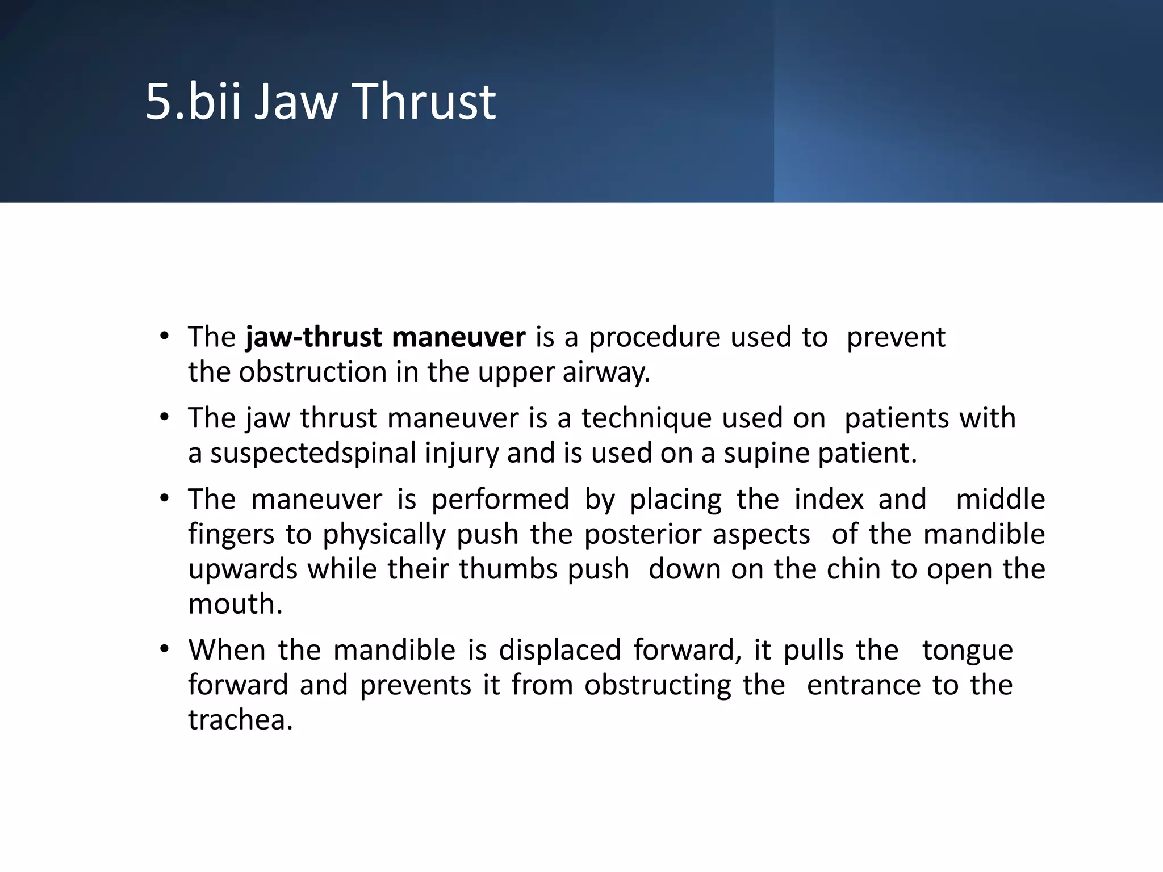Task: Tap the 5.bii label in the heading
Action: click(193, 102)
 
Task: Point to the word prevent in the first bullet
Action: click(896, 337)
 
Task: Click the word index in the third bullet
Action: click(829, 500)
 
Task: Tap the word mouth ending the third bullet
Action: click(234, 605)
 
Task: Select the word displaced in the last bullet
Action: click(559, 650)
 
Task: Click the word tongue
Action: click(967, 651)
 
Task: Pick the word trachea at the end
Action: click(240, 720)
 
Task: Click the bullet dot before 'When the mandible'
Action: click(165, 649)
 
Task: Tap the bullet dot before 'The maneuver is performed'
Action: click(165, 498)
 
